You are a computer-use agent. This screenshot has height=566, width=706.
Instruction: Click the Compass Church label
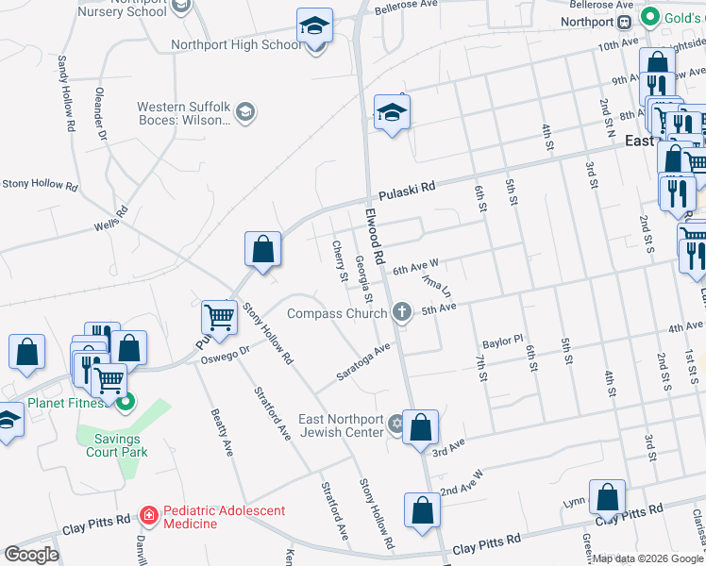pos(337,313)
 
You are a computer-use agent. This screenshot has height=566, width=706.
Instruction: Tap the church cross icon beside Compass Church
pos(403,312)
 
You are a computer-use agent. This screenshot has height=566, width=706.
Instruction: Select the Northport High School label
pos(237,44)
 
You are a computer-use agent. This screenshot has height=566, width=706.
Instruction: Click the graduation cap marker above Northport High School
pos(315,27)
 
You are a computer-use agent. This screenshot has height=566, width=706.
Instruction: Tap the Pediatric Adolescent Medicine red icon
pos(148,516)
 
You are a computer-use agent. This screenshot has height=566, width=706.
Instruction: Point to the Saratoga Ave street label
pos(364,362)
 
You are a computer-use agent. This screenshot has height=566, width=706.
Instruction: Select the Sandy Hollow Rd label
pos(66,86)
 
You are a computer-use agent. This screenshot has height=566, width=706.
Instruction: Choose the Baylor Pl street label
pos(502,340)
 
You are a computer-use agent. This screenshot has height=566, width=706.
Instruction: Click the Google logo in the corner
pos(31,554)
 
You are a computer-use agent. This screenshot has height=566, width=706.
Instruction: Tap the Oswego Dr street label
pos(228,351)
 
